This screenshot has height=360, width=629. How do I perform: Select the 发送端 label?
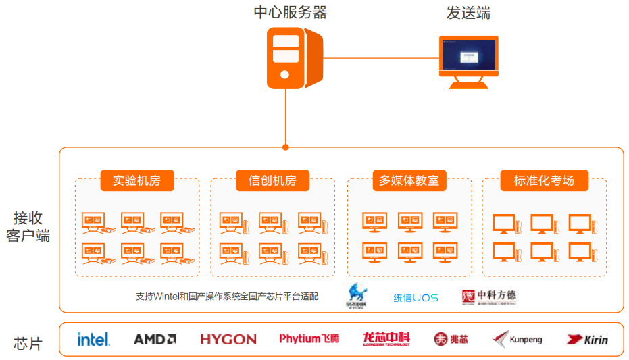[468, 12]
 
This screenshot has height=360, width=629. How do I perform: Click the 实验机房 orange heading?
[137, 180]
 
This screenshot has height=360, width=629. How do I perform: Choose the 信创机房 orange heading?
[272, 180]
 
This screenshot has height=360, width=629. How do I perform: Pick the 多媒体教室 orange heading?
[409, 180]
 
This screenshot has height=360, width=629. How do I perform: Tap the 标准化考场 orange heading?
[544, 180]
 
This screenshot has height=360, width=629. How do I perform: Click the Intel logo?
[93, 339]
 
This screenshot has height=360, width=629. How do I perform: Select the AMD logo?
[155, 339]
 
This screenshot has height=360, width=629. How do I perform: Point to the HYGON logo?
[228, 339]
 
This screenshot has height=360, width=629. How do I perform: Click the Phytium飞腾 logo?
[309, 338]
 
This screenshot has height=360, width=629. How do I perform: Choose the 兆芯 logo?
[451, 339]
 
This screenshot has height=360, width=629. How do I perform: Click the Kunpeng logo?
[518, 339]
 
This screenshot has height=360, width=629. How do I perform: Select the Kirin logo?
[586, 339]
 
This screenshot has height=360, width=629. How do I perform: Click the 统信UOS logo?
[416, 297]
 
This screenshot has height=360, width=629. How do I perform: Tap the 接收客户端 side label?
[28, 227]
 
